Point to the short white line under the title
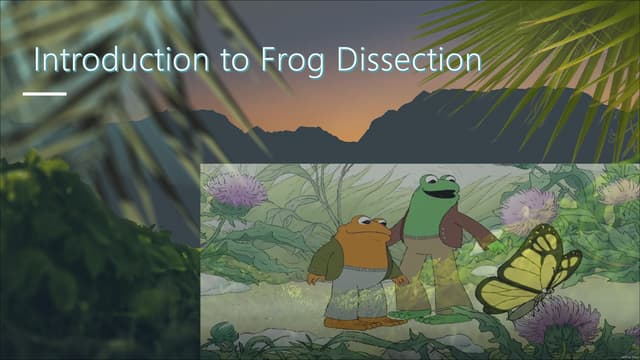(44, 94)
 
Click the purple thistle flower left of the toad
(238, 189)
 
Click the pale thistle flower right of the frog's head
(527, 209)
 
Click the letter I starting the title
(37, 59)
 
